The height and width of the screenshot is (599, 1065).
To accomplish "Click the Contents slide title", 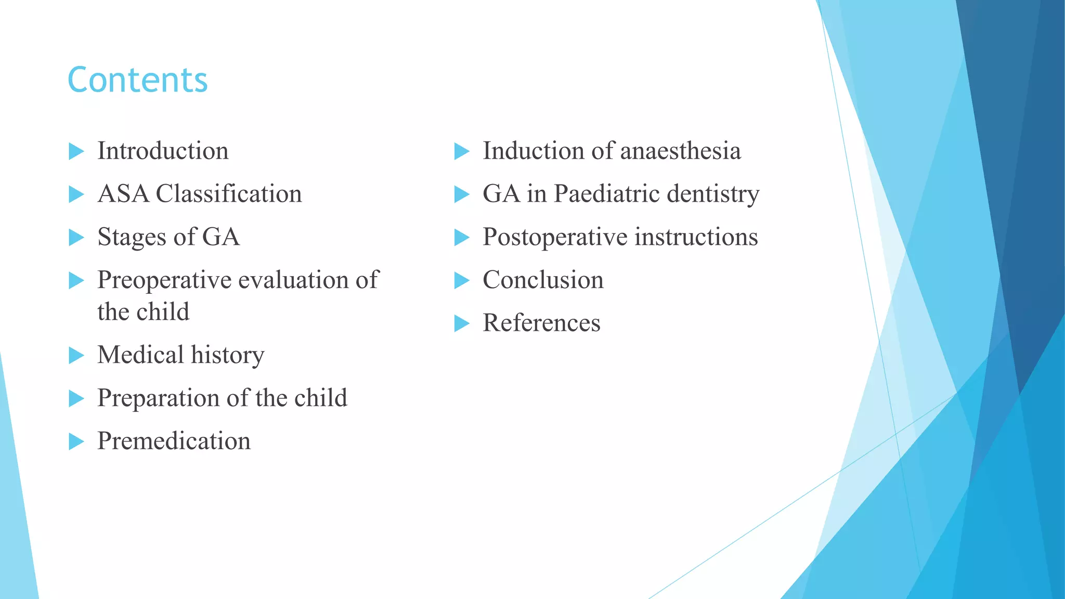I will [137, 80].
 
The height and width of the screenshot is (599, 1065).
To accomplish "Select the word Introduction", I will [163, 151].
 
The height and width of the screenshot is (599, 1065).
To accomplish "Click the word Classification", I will [229, 194].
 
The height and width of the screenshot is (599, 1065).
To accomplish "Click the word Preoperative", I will [164, 281].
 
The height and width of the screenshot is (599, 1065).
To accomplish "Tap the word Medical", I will [140, 355].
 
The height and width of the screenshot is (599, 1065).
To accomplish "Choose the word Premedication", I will [174, 441].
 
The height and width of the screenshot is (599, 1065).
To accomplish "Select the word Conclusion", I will [543, 280].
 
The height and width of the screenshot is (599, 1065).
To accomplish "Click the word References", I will [541, 323].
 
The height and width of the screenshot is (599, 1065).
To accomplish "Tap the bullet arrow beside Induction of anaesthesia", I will [461, 151].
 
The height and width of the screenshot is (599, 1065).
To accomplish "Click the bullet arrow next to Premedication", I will [76, 441].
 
